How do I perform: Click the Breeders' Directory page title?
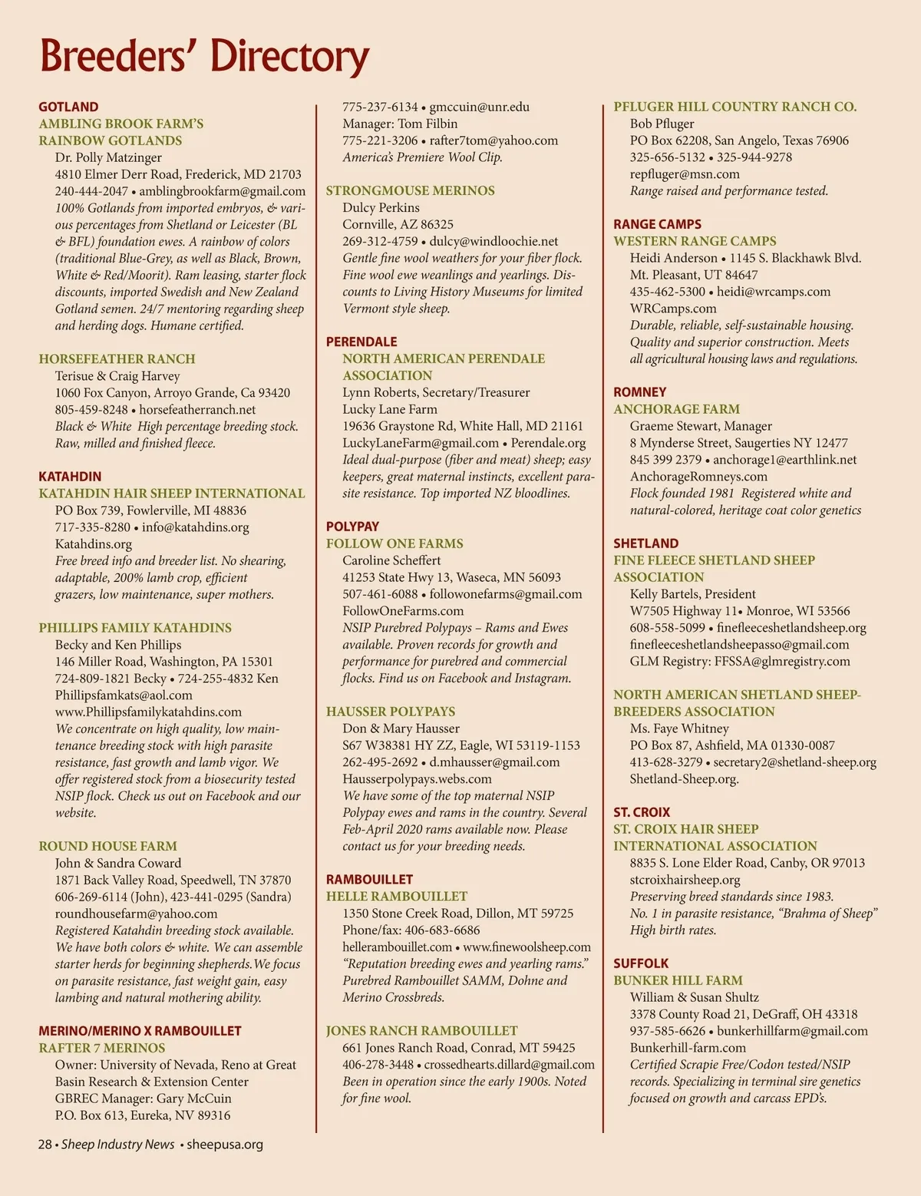[x=203, y=56]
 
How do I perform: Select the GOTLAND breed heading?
[x=68, y=107]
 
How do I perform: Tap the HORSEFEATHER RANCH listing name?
[x=117, y=358]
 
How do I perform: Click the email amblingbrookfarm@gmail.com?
[x=223, y=191]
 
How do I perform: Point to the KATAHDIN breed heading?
[x=70, y=477]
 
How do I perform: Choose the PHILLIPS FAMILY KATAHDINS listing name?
[x=135, y=628]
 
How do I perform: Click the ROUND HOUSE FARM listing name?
[x=107, y=846]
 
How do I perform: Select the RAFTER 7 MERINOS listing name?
[x=102, y=1048]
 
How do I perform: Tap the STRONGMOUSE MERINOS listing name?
[x=410, y=190]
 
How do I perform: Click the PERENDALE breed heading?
[x=361, y=342]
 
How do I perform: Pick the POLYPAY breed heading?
[x=352, y=527]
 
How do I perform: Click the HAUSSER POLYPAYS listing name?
[x=390, y=712]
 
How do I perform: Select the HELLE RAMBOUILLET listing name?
[x=396, y=897]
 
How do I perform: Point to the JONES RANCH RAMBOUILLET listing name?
[x=421, y=1031]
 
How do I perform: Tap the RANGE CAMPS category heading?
[x=657, y=224]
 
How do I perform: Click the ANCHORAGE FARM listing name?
[x=676, y=409]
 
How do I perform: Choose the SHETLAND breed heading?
[x=645, y=543]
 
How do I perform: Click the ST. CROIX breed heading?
[x=642, y=812]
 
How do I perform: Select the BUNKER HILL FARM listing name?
[x=678, y=980]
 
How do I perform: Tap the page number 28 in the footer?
[x=45, y=1145]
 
